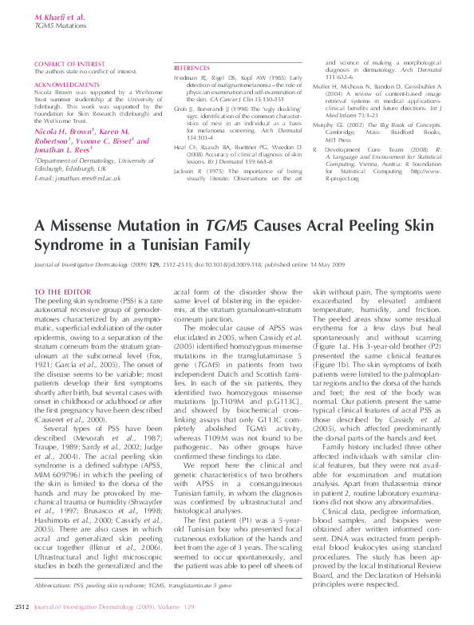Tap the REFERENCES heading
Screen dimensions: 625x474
point(192,69)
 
